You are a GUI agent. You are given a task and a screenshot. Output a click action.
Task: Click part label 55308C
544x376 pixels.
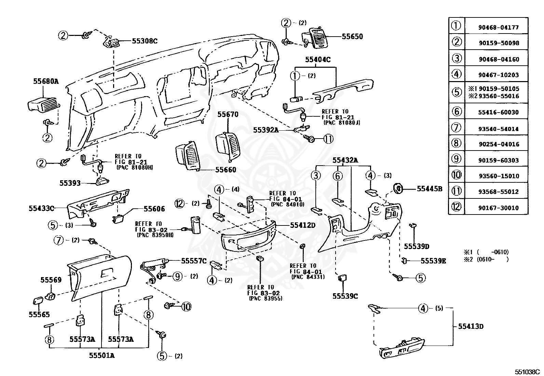tap(145, 41)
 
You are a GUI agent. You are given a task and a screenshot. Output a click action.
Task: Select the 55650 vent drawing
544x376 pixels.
tap(315, 38)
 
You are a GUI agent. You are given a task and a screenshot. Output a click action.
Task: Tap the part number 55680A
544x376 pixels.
tap(46, 81)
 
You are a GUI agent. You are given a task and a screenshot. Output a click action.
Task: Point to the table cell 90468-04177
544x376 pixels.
tap(499, 27)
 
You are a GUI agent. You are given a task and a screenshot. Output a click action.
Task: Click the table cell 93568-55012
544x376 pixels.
tap(499, 192)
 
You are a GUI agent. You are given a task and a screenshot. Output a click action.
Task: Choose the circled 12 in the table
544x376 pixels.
tap(456, 207)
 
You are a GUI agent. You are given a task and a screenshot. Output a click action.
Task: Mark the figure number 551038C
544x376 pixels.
tap(527, 372)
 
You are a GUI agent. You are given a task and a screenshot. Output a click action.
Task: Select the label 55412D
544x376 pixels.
tap(303, 225)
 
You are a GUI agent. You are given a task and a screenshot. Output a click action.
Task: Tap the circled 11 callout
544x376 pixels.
tap(328, 139)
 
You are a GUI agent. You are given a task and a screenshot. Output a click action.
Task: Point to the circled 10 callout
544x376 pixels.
tap(186, 307)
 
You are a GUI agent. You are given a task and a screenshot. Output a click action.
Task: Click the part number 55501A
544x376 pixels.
tap(102, 355)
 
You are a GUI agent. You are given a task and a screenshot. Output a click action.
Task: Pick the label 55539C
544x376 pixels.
tap(345, 296)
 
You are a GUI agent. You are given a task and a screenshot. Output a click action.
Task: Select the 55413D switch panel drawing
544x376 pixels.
tap(402, 348)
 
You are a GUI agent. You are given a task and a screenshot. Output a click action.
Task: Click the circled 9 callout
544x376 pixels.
tap(178, 276)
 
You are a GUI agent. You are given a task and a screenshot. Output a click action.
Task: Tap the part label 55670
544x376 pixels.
tap(228, 114)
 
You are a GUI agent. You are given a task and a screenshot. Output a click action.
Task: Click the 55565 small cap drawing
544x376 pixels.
tap(38, 301)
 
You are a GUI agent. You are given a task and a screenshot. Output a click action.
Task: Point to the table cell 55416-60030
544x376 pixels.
tap(499, 112)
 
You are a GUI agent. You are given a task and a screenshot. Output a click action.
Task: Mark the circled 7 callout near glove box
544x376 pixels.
tap(58, 240)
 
